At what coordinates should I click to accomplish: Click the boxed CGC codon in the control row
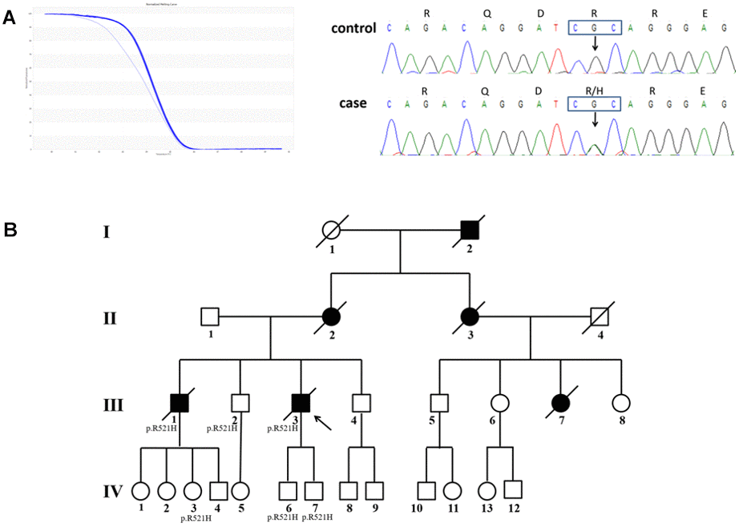pyautogui.click(x=594, y=28)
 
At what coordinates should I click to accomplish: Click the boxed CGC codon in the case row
pyautogui.click(x=594, y=103)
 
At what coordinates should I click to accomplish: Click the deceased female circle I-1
pyautogui.click(x=331, y=231)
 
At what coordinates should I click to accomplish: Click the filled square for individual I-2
pyautogui.click(x=470, y=231)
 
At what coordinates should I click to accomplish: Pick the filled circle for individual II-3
pyautogui.click(x=470, y=316)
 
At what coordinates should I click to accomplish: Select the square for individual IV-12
pyautogui.click(x=512, y=488)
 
